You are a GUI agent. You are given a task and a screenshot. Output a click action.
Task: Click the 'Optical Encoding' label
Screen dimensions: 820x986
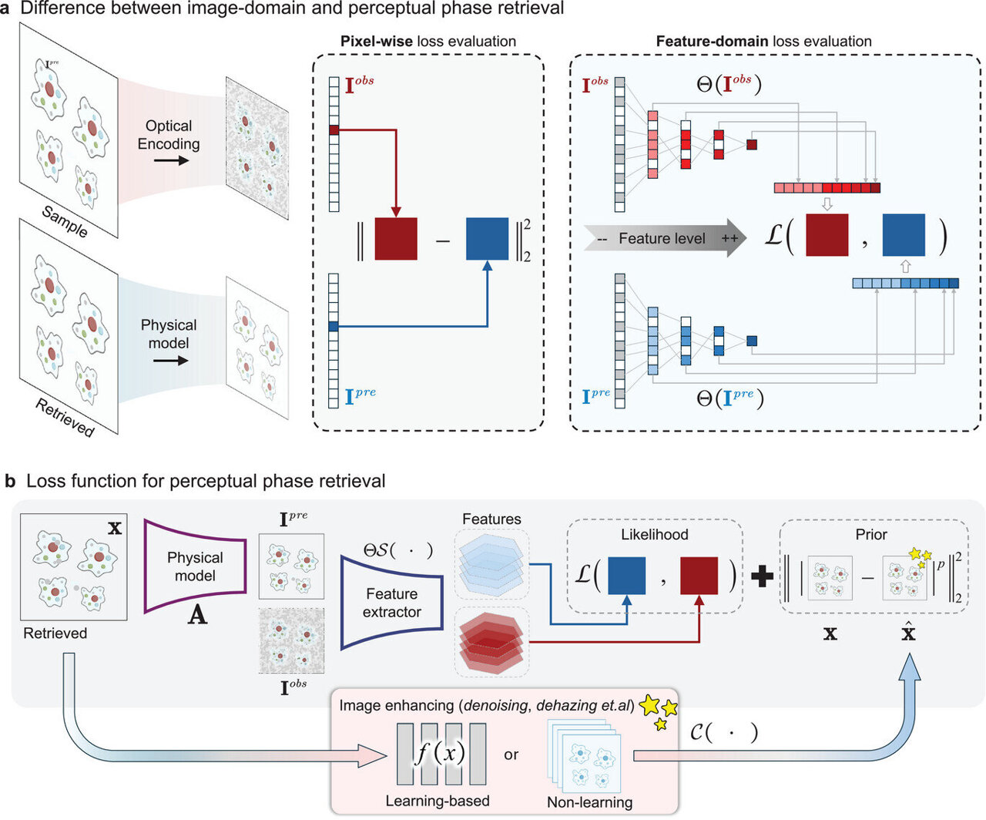point(168,135)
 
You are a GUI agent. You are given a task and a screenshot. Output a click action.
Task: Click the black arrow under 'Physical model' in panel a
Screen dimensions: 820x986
point(170,360)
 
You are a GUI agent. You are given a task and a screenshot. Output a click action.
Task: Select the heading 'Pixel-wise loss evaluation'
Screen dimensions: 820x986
point(428,42)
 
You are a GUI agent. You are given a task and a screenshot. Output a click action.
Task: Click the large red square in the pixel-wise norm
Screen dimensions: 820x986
point(395,239)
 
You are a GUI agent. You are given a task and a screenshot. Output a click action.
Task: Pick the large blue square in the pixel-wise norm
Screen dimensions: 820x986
point(487,239)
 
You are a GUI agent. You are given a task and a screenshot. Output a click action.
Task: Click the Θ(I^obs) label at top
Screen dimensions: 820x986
point(728,84)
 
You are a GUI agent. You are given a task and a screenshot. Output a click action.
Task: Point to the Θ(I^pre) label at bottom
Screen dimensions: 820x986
point(729,398)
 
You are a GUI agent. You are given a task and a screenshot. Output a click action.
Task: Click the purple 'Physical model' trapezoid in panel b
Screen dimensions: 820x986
point(195,566)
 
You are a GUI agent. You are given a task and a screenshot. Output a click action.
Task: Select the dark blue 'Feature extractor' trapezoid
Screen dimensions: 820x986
point(391,602)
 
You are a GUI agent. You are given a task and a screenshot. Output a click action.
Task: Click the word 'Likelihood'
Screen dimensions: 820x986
point(654,534)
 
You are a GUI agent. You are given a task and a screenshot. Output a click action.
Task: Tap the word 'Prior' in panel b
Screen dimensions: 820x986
point(871,534)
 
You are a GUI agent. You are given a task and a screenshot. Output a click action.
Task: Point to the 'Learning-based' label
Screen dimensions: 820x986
point(437,801)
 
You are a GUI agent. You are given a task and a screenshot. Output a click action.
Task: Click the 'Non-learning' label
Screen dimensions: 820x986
point(589,802)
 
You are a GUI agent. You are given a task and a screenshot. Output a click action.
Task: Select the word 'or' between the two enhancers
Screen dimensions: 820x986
point(511,754)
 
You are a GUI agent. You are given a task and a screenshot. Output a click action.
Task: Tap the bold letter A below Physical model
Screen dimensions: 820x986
point(197,617)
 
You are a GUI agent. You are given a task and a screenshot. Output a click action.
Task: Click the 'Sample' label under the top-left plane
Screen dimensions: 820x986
point(65,222)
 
